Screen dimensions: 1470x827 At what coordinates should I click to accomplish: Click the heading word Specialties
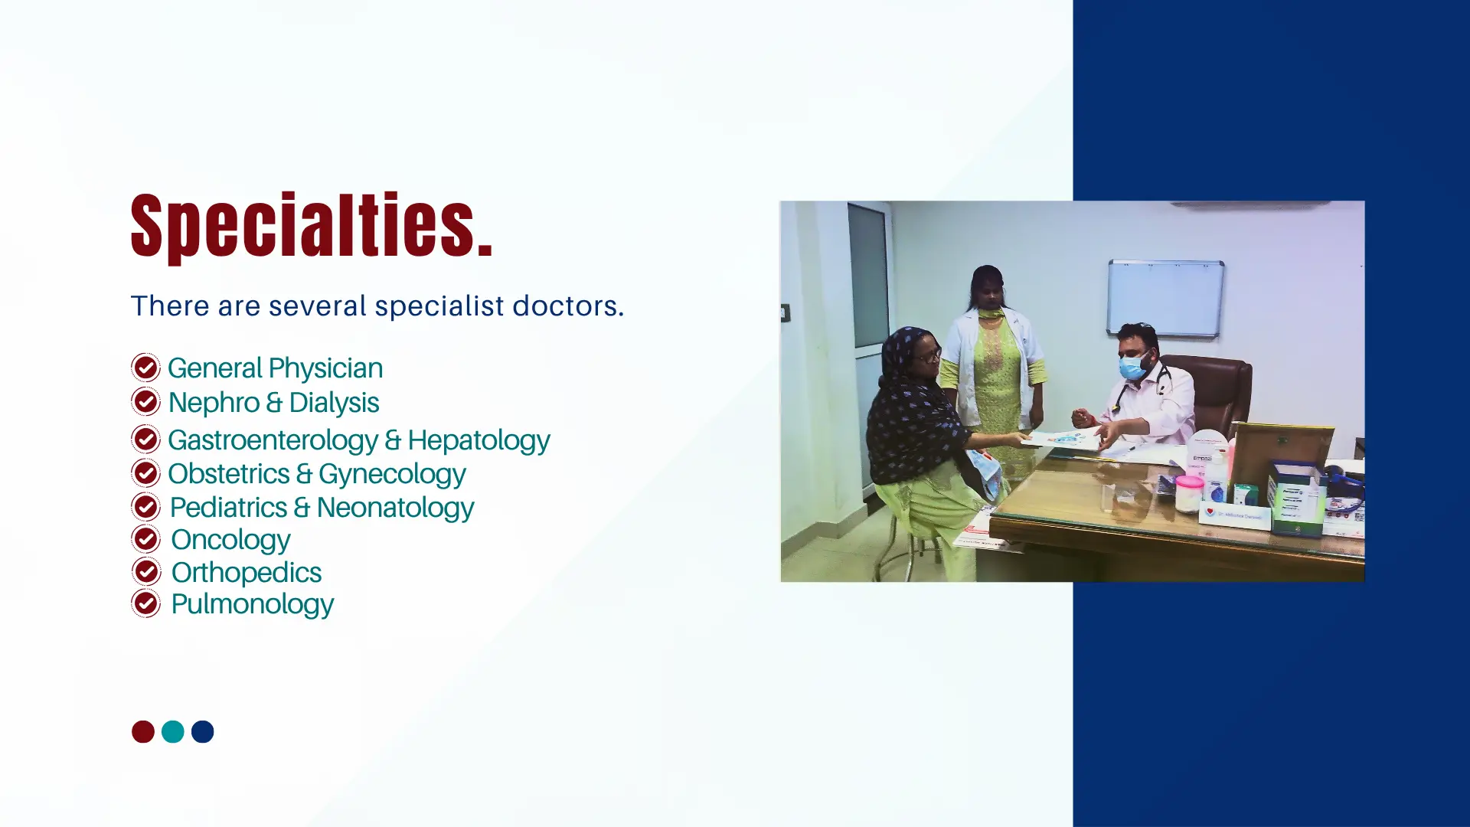coord(312,227)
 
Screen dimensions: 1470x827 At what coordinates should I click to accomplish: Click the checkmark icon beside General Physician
coord(145,368)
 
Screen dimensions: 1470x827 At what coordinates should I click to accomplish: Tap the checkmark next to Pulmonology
coord(145,603)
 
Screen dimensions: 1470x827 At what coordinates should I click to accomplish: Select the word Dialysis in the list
coord(334,403)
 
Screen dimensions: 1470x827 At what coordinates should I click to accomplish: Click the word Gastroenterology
coord(273,441)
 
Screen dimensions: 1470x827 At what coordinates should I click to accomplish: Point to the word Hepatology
coord(479,441)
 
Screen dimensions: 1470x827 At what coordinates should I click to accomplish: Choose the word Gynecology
coord(392,475)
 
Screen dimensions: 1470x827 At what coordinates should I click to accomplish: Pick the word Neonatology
coord(395,508)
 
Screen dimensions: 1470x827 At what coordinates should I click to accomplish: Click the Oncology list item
coord(230,541)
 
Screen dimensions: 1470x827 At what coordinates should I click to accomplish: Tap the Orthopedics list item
coord(246,573)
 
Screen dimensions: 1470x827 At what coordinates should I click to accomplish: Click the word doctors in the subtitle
coord(568,306)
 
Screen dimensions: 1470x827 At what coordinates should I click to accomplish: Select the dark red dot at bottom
coord(143,732)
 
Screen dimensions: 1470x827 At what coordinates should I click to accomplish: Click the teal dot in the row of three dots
coord(173,732)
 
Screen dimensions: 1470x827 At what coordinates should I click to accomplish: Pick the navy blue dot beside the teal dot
coord(203,732)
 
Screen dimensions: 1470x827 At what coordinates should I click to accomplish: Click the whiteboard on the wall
coord(1165,298)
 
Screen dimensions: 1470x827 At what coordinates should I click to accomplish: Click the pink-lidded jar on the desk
coord(1188,493)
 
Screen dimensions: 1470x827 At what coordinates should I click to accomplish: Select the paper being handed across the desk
coord(1062,440)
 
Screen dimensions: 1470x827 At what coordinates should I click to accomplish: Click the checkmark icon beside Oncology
coord(145,539)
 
